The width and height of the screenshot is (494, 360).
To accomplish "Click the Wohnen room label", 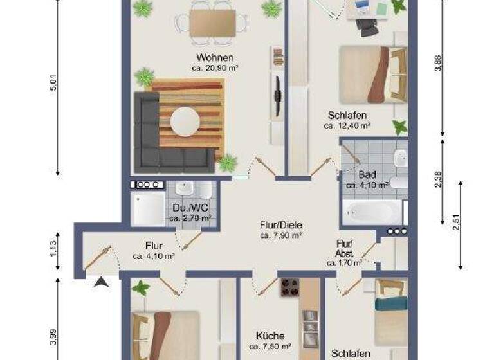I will coord(215,58).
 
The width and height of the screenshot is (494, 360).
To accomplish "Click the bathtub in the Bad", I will coord(371,212).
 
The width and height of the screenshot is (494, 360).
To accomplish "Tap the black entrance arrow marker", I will coord(101,281).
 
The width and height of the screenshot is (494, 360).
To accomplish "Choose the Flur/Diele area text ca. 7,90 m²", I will coord(281,236).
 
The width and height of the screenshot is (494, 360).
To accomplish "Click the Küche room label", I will coord(270,336).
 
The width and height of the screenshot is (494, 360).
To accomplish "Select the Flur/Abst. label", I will coord(344,248).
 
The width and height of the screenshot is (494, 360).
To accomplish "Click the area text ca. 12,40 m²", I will coord(347,126).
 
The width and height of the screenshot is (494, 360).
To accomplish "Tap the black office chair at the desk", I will coord(367,27).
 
